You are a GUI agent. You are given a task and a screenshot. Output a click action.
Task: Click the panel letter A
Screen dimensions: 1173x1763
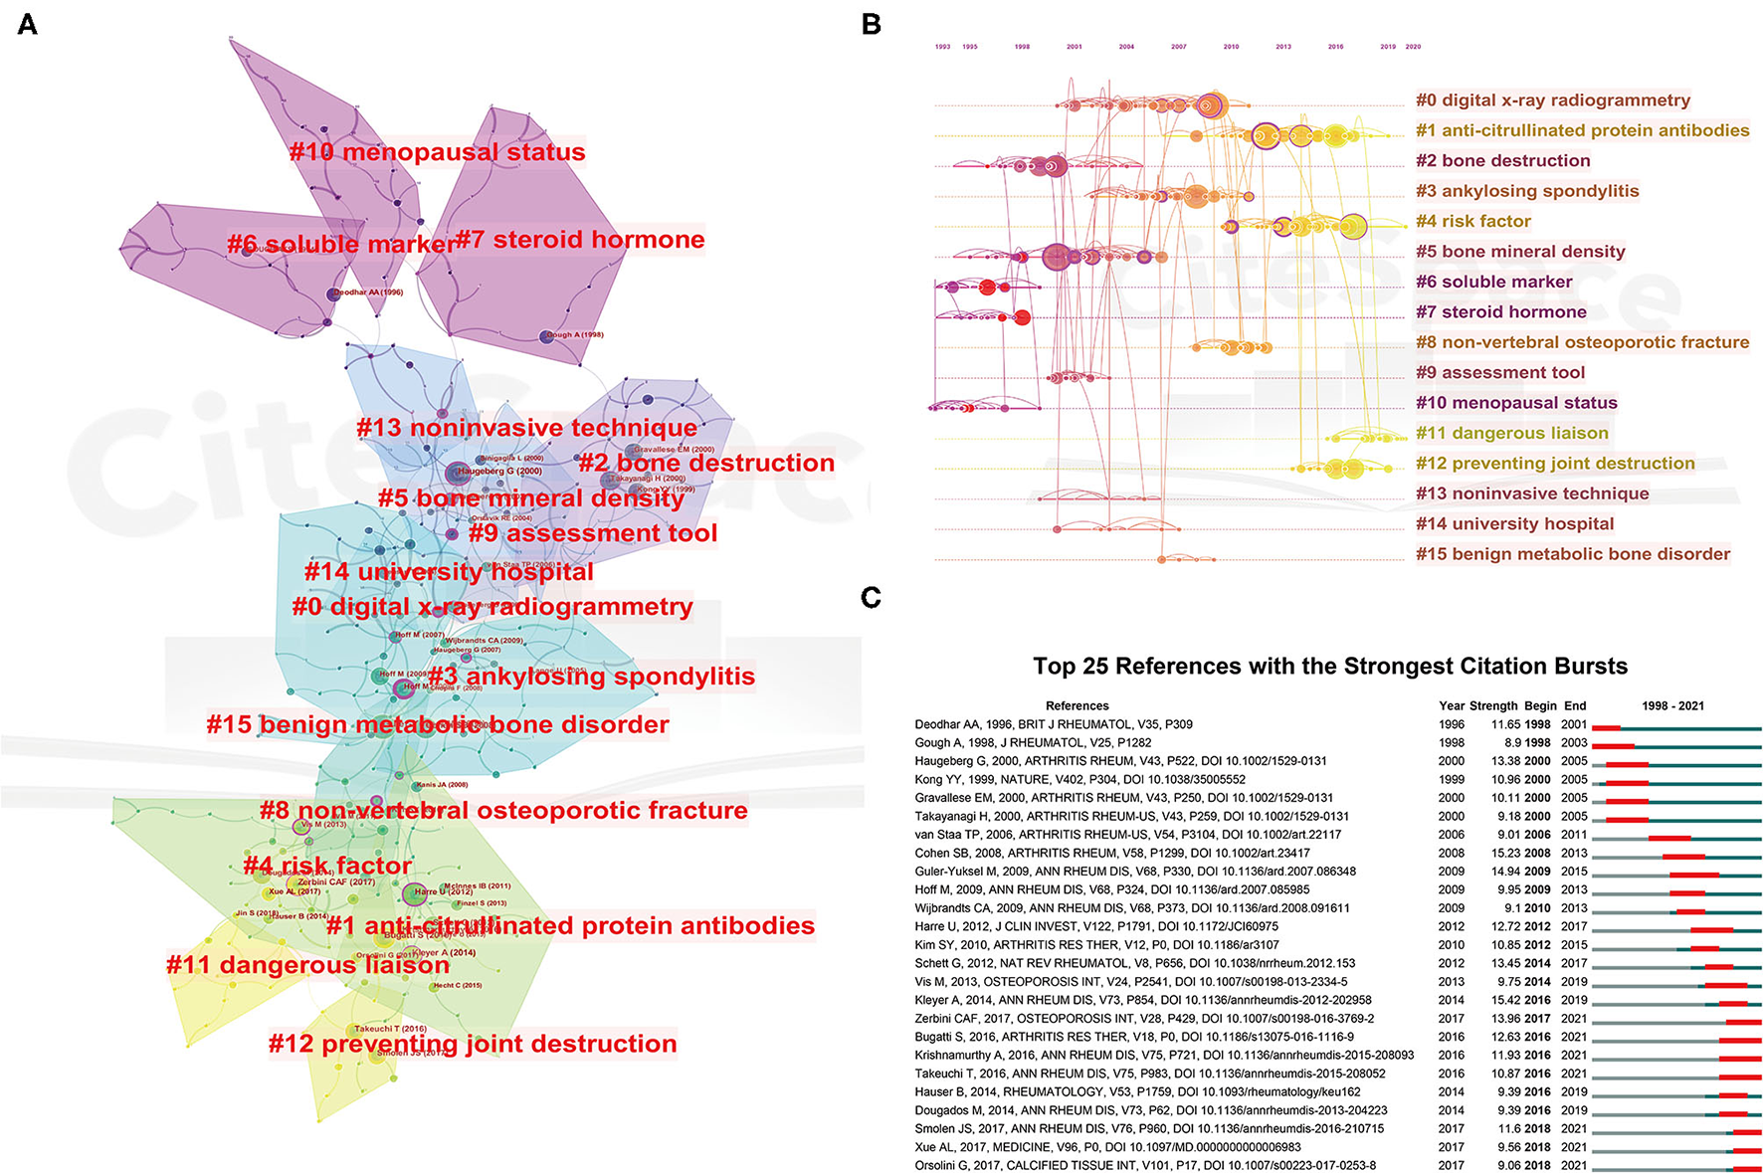tap(28, 24)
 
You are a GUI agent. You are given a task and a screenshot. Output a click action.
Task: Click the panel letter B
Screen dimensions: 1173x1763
tap(872, 24)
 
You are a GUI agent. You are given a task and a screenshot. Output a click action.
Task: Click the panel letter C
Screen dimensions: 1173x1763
tap(872, 597)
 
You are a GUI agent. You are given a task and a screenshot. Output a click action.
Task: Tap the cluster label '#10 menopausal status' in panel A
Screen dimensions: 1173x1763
tap(437, 152)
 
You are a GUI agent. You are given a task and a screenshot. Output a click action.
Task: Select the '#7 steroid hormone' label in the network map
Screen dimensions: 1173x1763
tap(580, 240)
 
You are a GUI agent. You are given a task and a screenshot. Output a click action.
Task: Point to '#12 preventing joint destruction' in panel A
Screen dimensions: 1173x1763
tap(473, 1044)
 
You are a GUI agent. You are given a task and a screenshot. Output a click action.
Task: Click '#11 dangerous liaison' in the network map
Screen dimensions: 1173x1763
tap(307, 965)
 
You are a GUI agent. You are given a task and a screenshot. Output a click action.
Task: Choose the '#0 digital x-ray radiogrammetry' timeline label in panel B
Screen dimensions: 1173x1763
tap(1553, 100)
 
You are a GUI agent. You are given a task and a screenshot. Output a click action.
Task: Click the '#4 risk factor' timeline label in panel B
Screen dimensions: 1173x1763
tap(1473, 221)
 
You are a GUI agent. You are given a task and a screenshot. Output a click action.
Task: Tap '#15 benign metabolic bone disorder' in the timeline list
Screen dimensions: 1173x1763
tap(1573, 554)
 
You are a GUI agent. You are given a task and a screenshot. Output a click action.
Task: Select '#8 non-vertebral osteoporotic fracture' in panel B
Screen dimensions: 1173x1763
tap(1582, 342)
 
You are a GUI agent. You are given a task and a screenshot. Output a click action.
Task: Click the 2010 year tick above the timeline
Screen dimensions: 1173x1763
tap(1231, 47)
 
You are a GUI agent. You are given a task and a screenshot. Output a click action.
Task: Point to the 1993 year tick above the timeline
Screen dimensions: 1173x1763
tap(942, 47)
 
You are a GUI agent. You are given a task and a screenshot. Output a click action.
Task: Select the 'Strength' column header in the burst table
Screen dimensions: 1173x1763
tap(1493, 705)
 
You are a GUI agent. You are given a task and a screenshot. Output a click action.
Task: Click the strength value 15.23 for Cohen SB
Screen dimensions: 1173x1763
tap(1506, 853)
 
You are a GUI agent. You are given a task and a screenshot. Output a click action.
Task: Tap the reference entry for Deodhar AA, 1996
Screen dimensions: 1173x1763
tap(1054, 724)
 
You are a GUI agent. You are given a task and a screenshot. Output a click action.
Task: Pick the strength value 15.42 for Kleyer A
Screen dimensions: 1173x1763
tap(1506, 1000)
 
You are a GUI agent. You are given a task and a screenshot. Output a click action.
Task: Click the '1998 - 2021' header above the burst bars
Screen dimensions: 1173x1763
tap(1672, 705)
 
